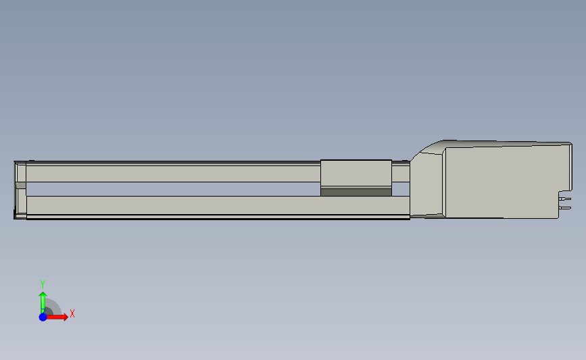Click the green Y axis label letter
point(42,284)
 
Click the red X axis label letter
point(72,313)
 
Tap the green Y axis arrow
point(43,303)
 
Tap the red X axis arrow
point(57,317)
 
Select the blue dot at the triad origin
point(43,317)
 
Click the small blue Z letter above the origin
point(43,310)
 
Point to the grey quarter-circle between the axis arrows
point(54,307)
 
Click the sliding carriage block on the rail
point(356,174)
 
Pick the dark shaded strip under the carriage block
point(356,192)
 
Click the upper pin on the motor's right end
point(565,199)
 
